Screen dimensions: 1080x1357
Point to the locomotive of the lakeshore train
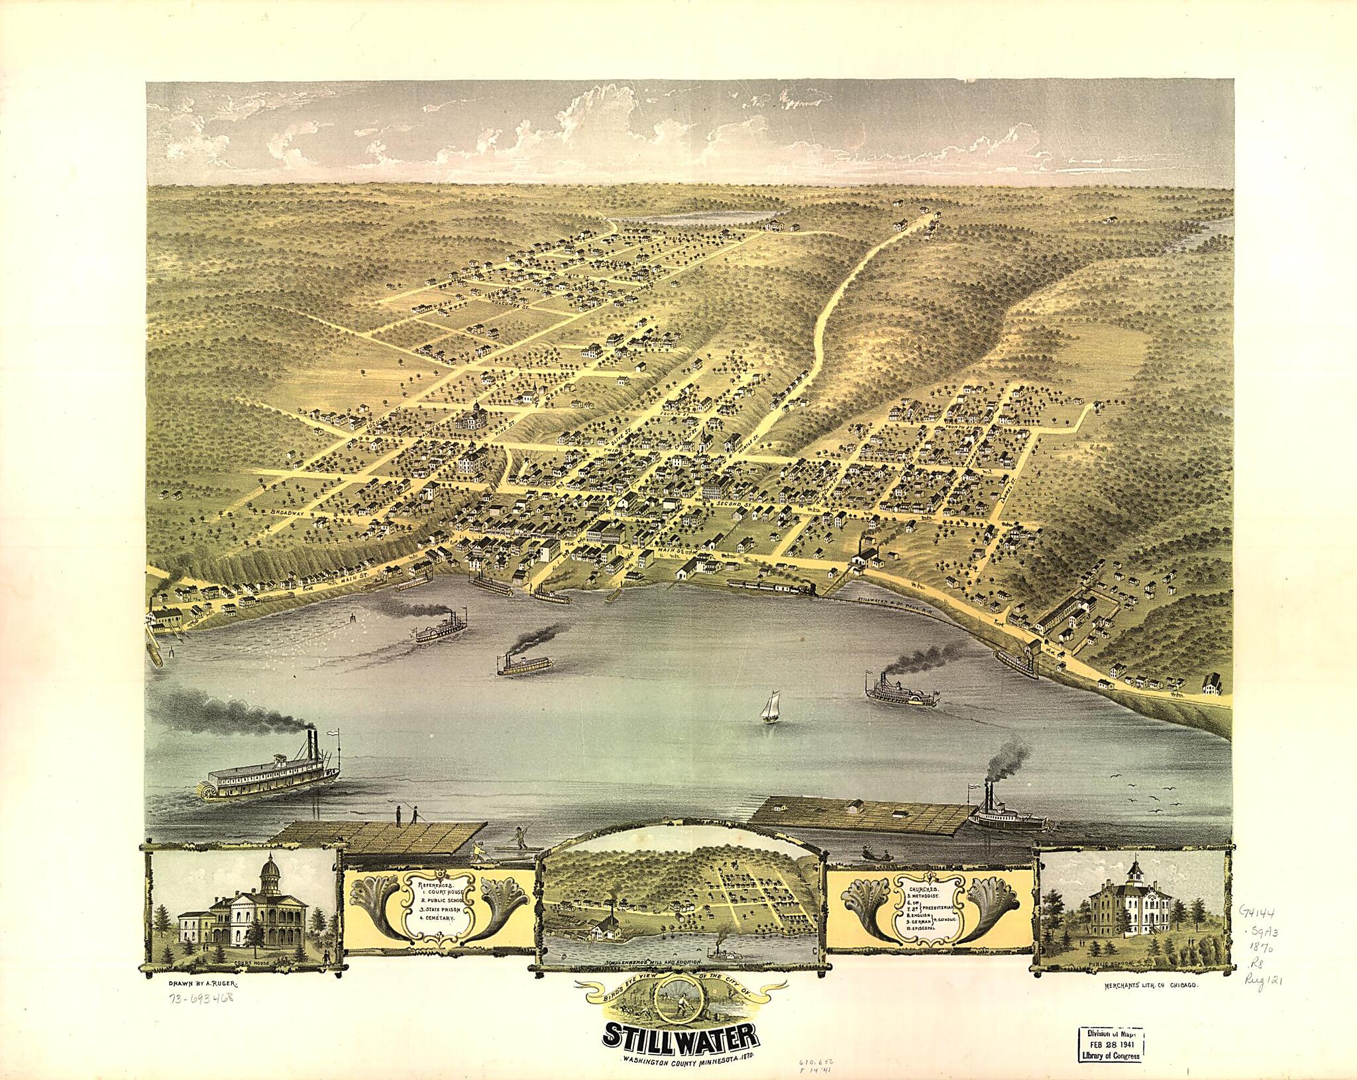[806, 587]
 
